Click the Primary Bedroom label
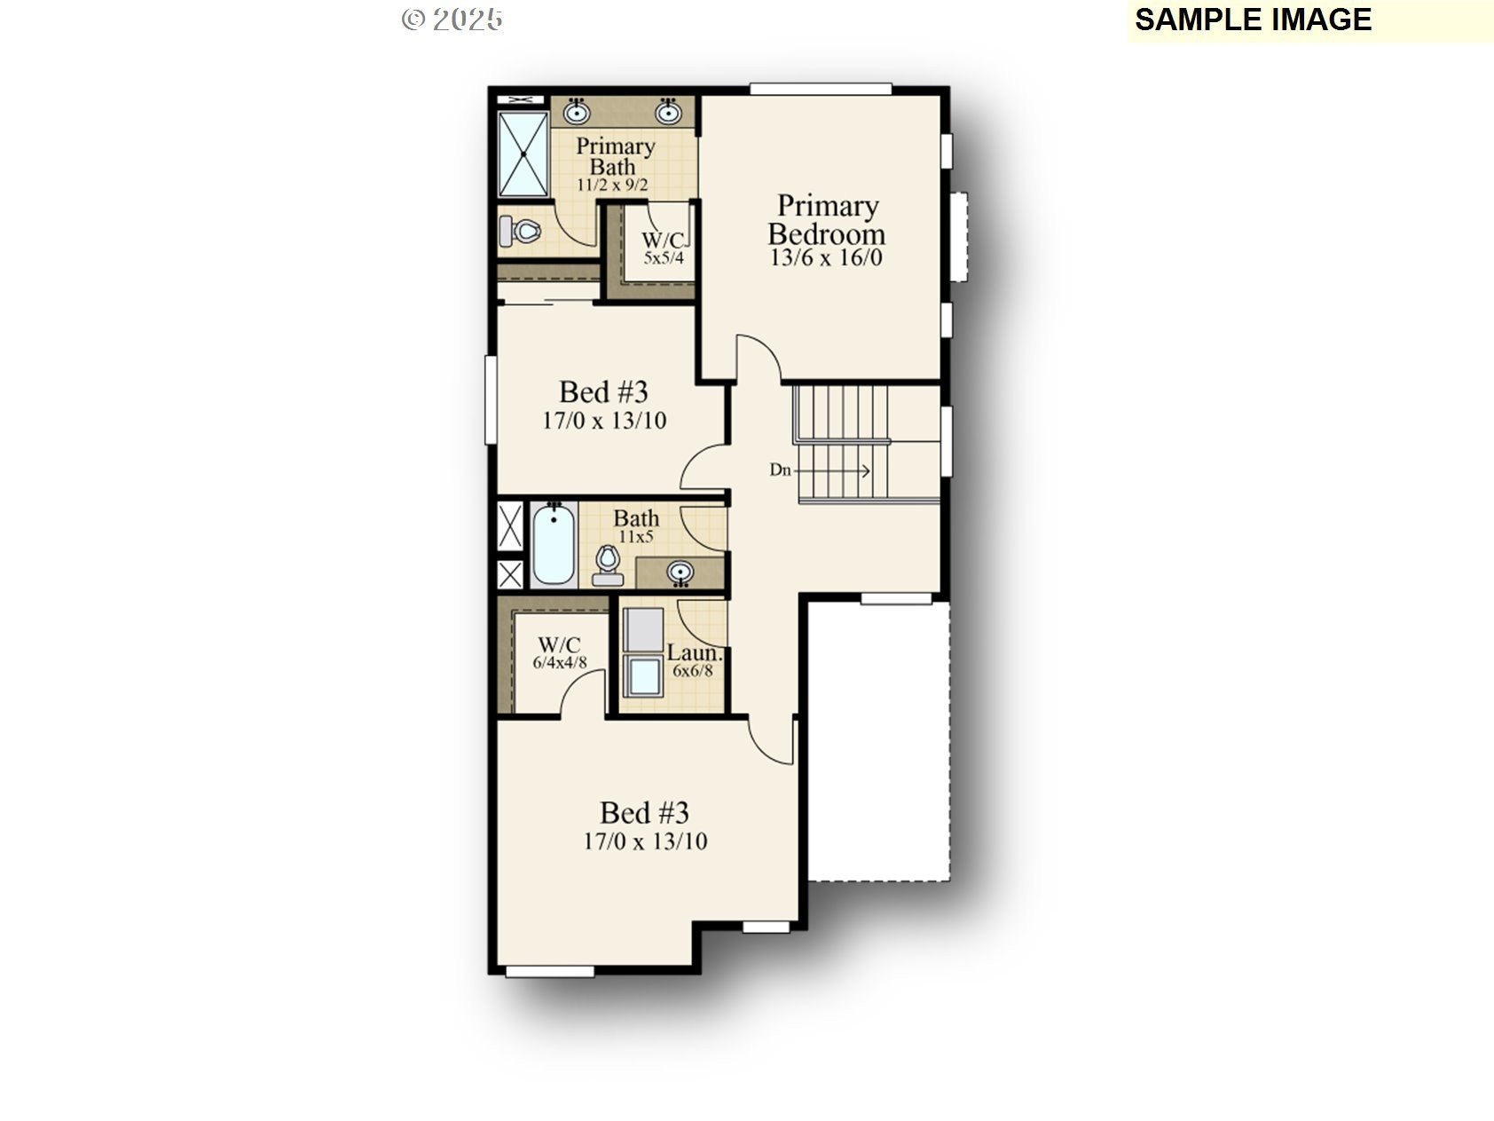[826, 220]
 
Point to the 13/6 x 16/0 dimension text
[827, 258]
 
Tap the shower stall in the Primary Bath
[523, 154]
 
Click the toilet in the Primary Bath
[520, 231]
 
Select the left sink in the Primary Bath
[578, 112]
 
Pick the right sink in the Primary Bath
[668, 112]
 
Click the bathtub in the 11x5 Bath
[554, 544]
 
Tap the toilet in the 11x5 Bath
[608, 565]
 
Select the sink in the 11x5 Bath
[680, 572]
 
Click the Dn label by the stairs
[780, 470]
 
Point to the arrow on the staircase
[833, 471]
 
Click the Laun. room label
[695, 654]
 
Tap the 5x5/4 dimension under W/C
[664, 258]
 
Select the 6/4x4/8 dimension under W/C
[560, 662]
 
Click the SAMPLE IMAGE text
[1254, 20]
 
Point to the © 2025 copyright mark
[452, 20]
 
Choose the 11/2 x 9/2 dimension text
[612, 186]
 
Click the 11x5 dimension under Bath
[636, 536]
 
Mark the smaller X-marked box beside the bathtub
[510, 574]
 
